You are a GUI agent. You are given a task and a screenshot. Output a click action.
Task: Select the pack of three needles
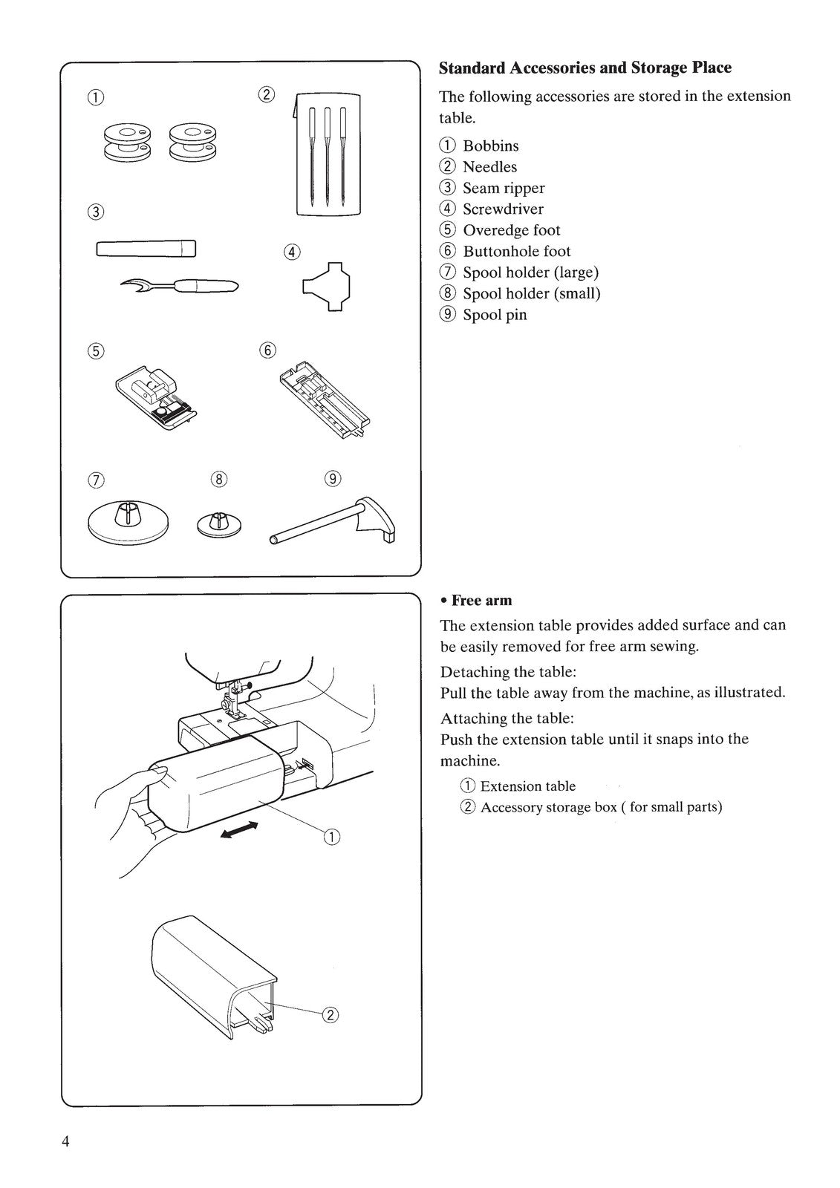pyautogui.click(x=327, y=154)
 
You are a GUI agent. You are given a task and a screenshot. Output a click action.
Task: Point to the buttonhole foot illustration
pyautogui.click(x=324, y=400)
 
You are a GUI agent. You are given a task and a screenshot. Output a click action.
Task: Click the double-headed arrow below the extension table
pyautogui.click(x=239, y=830)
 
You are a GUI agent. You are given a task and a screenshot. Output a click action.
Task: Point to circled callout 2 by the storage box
pyautogui.click(x=331, y=1015)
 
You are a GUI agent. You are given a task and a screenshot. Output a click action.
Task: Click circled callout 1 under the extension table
pyautogui.click(x=331, y=837)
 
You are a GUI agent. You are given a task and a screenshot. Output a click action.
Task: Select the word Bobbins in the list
pyautogui.click(x=490, y=146)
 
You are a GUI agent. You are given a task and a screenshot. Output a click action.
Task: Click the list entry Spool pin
pyautogui.click(x=495, y=315)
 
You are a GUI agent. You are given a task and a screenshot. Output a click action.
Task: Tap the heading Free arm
pyautogui.click(x=481, y=600)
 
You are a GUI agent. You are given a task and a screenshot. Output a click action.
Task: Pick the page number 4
pyautogui.click(x=66, y=1142)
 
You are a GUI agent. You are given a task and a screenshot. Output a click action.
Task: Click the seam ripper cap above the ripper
pyautogui.click(x=146, y=248)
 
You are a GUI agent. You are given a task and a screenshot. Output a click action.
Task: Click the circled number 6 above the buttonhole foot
pyautogui.click(x=268, y=350)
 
